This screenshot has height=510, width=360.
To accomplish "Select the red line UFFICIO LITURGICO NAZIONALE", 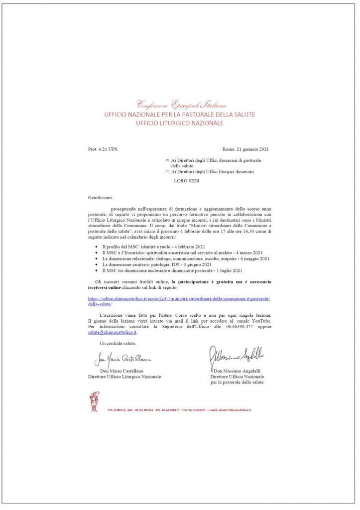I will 180,123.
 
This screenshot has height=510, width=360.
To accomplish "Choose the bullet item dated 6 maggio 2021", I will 185,259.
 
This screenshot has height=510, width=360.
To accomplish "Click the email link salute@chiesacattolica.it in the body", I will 106,332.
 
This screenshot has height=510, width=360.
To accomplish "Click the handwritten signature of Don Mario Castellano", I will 122,360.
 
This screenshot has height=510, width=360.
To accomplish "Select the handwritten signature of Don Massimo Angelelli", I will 237,354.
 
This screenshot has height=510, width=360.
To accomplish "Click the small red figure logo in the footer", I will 93,401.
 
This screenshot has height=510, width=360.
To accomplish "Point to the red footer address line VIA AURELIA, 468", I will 179,409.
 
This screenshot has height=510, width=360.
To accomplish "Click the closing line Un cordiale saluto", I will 118,344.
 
